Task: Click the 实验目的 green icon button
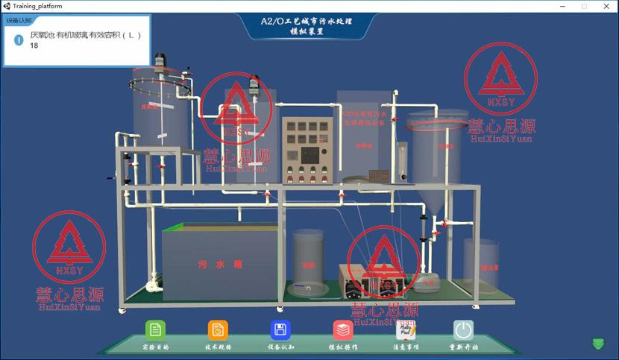pos(155,330)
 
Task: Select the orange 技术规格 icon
pos(218,330)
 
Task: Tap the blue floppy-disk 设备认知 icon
pos(280,330)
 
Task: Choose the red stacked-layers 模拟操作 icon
pos(343,330)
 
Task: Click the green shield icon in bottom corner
pos(598,344)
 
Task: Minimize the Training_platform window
pos(564,6)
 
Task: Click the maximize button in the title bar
pos(585,6)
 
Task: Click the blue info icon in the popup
pos(19,40)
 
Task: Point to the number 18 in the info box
pos(34,46)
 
